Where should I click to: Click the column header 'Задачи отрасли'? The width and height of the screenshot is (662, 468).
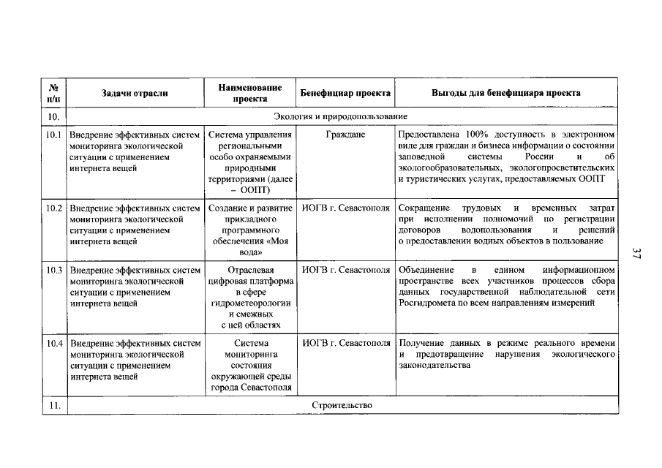(x=135, y=93)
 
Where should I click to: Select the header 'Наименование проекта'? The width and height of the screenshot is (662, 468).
(x=250, y=93)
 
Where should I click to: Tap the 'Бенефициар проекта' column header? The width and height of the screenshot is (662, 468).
(x=345, y=93)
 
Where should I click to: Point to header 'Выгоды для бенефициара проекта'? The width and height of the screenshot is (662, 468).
(x=506, y=93)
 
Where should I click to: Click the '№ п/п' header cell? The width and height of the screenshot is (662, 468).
(x=54, y=93)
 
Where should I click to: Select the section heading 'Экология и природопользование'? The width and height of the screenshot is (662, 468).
(x=340, y=116)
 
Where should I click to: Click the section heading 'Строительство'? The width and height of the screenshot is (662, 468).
(x=342, y=405)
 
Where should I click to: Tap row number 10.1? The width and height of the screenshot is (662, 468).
(x=54, y=135)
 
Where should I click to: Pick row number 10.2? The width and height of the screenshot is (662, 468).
(x=54, y=208)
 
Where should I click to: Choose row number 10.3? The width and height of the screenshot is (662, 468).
(x=54, y=270)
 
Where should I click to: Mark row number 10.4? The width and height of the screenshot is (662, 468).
(x=54, y=343)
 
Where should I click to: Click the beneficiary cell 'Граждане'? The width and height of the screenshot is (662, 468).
(x=345, y=135)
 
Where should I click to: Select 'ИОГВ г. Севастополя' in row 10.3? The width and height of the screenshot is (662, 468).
(x=345, y=270)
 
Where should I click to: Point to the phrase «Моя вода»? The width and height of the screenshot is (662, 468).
(x=250, y=246)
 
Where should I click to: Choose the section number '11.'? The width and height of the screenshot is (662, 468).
(x=54, y=405)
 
